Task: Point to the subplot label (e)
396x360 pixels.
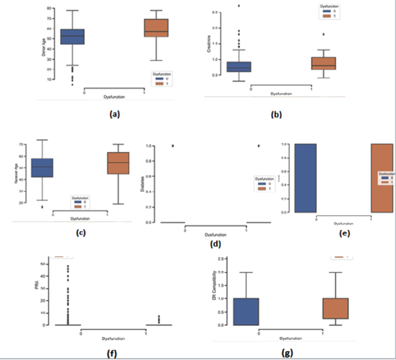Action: click(344, 233)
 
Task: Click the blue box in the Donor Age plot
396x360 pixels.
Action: click(72, 37)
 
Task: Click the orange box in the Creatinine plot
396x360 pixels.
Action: click(323, 63)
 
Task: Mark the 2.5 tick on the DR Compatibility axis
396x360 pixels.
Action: click(220, 259)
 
